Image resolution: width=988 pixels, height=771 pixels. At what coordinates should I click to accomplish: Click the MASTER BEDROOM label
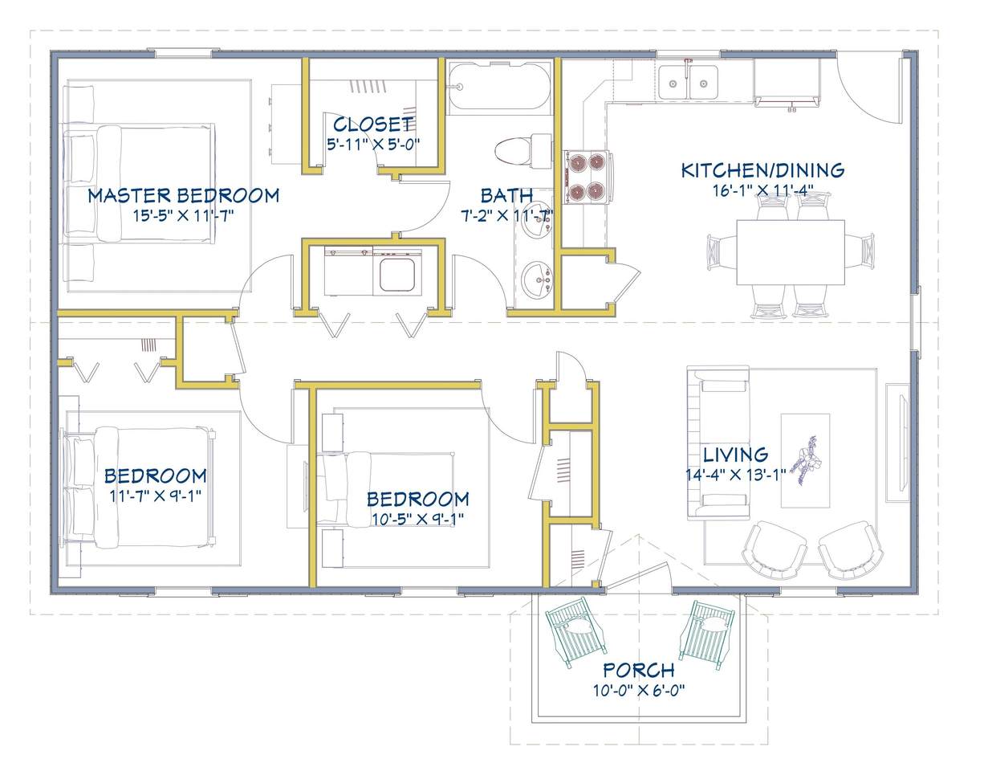pyautogui.click(x=183, y=196)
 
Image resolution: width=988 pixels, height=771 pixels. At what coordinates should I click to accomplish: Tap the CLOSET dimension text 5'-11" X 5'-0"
pyautogui.click(x=373, y=145)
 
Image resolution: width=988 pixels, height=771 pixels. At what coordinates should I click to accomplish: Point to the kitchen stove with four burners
pyautogui.click(x=588, y=177)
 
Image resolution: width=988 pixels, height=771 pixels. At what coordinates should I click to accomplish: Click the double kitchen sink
pyautogui.click(x=689, y=83)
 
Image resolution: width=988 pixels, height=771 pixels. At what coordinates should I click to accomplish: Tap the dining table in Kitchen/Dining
pyautogui.click(x=791, y=252)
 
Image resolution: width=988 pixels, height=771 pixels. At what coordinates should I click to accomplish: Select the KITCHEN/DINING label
pyautogui.click(x=763, y=170)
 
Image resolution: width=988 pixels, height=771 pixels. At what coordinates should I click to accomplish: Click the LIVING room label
pyautogui.click(x=736, y=455)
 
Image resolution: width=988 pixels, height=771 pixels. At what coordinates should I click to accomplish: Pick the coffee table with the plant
pyautogui.click(x=805, y=460)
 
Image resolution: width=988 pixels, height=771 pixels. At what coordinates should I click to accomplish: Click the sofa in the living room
pyautogui.click(x=718, y=442)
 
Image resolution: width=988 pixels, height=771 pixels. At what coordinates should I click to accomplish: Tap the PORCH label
pyautogui.click(x=639, y=670)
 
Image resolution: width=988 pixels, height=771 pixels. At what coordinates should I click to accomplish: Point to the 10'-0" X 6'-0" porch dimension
pyautogui.click(x=639, y=691)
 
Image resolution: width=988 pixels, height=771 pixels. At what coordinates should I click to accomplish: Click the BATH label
pyautogui.click(x=507, y=196)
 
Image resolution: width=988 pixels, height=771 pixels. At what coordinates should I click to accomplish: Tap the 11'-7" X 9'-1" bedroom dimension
pyautogui.click(x=156, y=496)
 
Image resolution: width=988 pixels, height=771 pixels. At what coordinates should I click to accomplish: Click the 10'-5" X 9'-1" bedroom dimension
pyautogui.click(x=417, y=519)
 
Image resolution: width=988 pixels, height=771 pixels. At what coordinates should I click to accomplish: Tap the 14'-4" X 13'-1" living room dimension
pyautogui.click(x=736, y=475)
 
